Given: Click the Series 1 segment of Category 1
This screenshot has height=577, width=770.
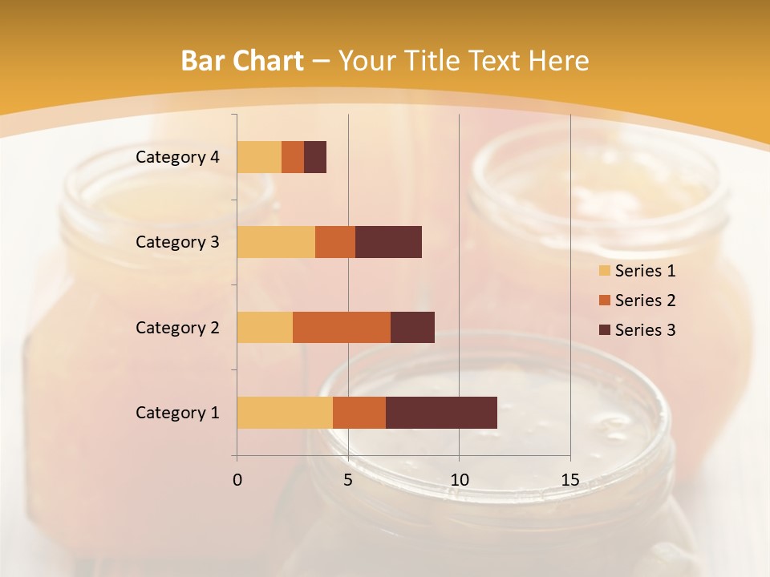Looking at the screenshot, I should pos(285,413).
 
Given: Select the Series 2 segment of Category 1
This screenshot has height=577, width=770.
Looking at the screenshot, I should pos(359,413).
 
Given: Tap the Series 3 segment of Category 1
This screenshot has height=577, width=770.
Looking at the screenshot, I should pos(441,413).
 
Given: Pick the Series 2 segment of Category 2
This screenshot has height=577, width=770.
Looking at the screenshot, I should pos(342,327).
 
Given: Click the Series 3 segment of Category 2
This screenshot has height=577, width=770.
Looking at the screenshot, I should pos(412,327).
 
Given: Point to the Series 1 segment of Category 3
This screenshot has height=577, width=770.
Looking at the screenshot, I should pos(276,242).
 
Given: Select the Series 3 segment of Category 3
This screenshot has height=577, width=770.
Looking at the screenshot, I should pos(388,242).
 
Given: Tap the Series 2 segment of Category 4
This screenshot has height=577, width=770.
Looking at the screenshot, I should pos(293,157).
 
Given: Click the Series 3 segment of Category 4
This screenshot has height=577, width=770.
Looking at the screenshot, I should pos(315,157).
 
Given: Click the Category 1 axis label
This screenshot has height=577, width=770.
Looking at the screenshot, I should pos(177,413).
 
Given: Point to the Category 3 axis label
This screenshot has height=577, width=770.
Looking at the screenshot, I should pos(177,242).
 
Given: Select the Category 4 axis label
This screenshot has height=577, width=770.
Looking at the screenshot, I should pos(177,157).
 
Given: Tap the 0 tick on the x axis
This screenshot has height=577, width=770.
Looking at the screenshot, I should pos(237,480).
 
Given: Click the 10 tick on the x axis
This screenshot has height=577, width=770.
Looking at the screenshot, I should pos(459,480).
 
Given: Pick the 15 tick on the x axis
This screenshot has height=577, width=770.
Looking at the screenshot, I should pos(570,480).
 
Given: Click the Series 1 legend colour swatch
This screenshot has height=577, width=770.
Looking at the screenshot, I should pos(604,271).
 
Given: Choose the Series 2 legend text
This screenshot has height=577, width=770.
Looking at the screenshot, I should pos(645,301).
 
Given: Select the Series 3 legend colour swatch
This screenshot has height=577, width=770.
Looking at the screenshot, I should pos(604,330).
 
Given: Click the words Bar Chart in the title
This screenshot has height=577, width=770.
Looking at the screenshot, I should pos(242,61).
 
